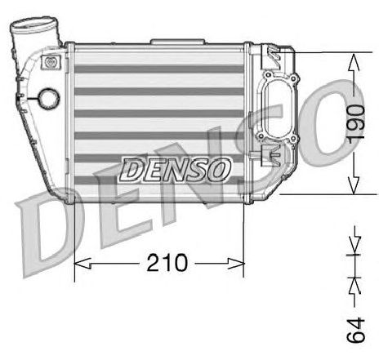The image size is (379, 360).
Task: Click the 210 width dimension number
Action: (167, 263)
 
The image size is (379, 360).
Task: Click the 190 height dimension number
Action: (356, 122)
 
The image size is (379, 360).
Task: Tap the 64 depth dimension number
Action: (355, 330)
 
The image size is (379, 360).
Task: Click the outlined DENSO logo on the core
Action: (175, 170)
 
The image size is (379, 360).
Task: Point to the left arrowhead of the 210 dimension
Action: (82, 264)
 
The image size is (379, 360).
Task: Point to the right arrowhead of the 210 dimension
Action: (236, 264)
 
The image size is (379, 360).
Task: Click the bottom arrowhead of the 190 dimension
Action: (354, 185)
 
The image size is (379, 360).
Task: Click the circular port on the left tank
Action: (49, 98)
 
